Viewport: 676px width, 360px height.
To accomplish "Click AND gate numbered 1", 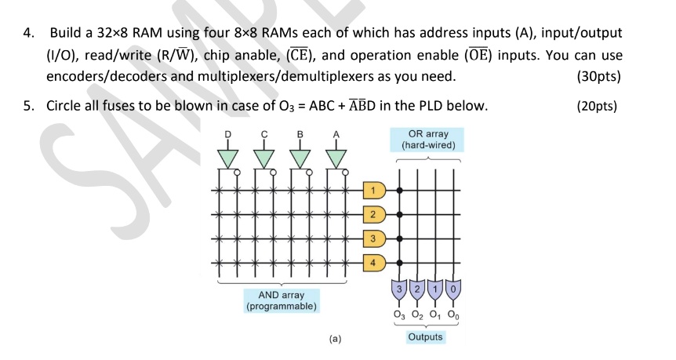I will click(374, 191).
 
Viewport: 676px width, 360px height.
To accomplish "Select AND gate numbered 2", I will click(374, 214).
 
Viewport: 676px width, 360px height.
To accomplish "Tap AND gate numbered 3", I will click(374, 238).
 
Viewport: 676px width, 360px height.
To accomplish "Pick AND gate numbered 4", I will click(374, 261).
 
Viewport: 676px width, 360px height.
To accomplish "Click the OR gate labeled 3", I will click(400, 290).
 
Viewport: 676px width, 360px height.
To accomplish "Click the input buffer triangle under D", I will click(228, 158).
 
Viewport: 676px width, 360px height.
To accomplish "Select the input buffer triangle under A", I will click(336, 158).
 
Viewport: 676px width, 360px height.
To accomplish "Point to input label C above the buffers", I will click(264, 136).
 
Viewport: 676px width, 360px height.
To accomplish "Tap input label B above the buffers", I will click(300, 136).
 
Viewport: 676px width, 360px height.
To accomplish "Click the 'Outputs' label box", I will click(425, 337).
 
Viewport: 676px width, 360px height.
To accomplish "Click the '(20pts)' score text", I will click(595, 106).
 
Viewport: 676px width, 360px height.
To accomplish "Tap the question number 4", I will click(28, 34).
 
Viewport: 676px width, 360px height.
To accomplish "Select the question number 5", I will click(28, 106).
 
